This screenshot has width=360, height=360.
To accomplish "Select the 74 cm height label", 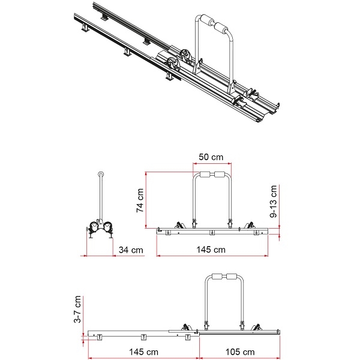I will tap(139, 200).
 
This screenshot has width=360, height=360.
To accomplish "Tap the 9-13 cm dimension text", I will tap(274, 200).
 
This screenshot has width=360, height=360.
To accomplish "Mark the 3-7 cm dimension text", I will tap(77, 310).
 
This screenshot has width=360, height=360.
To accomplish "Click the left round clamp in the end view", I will tap(94, 227).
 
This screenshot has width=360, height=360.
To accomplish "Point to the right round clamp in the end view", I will tap(109, 227).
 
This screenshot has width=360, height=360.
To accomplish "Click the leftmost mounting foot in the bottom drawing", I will tap(100, 337).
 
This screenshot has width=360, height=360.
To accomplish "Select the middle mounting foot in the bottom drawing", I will tap(143, 337).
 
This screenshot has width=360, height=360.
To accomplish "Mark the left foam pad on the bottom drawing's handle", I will tap(217, 277).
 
